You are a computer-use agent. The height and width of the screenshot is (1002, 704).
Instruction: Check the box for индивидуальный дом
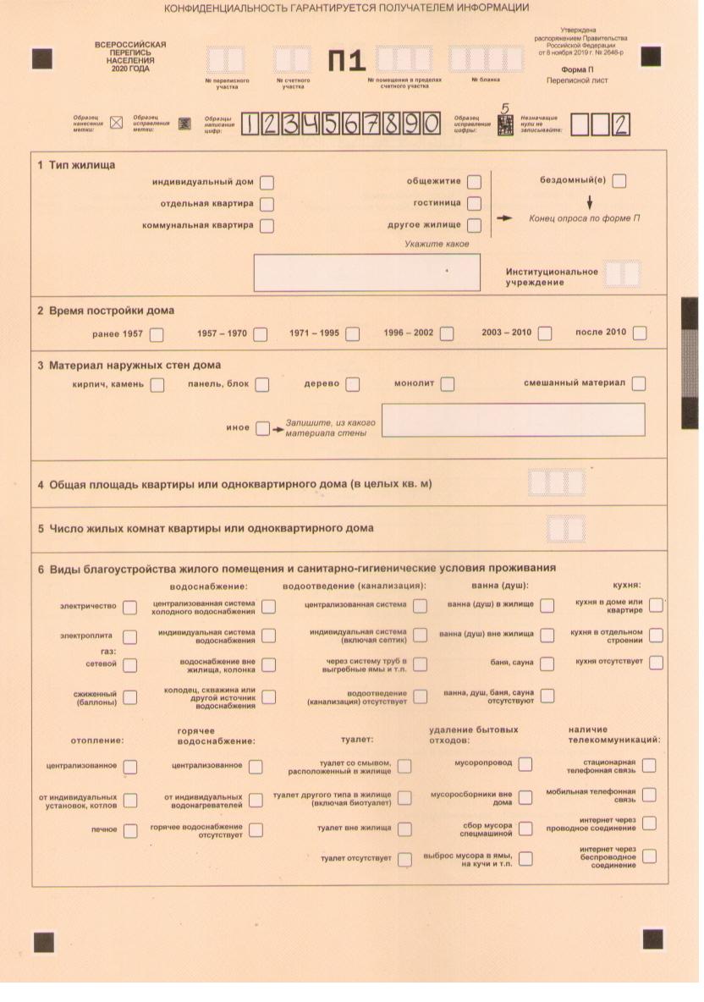tap(267, 182)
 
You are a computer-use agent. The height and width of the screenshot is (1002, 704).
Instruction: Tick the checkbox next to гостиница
tap(474, 203)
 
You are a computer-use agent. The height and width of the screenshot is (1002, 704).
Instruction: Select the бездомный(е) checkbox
tap(619, 180)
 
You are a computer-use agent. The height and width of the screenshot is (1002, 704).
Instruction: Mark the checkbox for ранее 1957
tap(157, 333)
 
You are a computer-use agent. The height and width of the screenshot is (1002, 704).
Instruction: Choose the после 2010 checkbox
tap(640, 333)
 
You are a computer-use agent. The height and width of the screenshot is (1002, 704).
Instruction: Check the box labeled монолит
tap(447, 384)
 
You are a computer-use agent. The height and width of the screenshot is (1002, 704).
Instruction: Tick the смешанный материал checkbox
tap(639, 383)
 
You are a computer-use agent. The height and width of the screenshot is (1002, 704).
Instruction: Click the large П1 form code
tap(347, 61)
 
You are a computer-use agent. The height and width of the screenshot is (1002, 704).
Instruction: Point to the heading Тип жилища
tap(80, 164)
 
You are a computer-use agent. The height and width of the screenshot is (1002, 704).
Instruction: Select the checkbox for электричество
tap(129, 607)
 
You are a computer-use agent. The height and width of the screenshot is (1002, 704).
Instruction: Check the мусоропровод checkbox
tap(525, 764)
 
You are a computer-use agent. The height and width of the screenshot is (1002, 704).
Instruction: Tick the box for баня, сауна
tap(547, 663)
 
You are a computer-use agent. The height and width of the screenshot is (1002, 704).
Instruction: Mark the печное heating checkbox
tap(129, 830)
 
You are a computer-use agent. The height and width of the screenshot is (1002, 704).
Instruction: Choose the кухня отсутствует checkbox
tap(656, 663)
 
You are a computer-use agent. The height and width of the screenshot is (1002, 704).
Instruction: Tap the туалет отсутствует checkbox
tap(404, 859)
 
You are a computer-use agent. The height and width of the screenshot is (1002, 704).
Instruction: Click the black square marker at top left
tap(41, 58)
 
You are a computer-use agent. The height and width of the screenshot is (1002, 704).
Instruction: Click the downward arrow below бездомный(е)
tap(590, 202)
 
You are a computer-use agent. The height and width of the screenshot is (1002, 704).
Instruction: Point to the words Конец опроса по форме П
tap(584, 218)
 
